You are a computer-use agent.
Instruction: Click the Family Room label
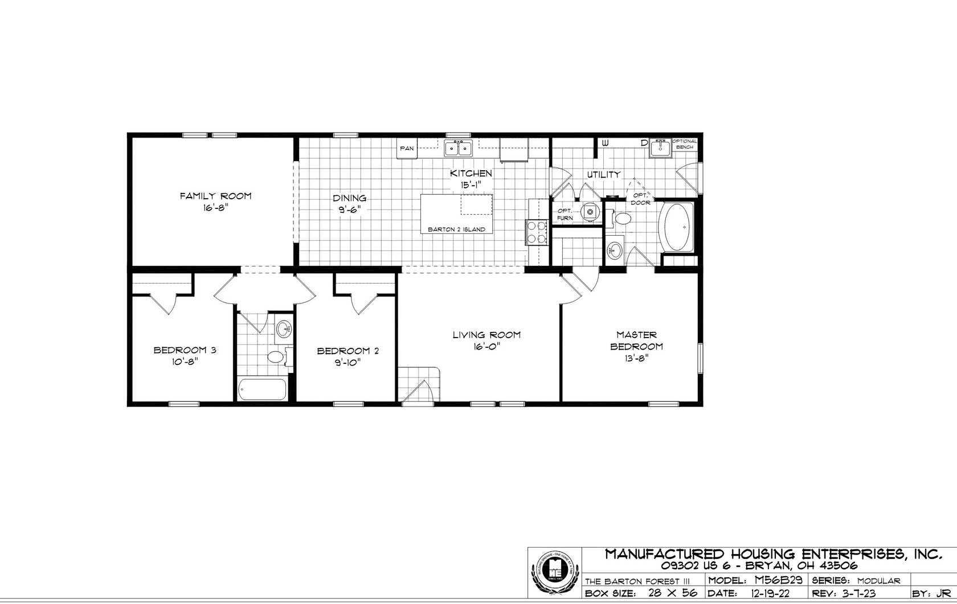pyautogui.click(x=215, y=196)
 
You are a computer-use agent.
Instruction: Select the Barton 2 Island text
pyautogui.click(x=456, y=229)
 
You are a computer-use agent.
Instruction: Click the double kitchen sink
pyautogui.click(x=459, y=149)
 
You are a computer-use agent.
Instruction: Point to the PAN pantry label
pyautogui.click(x=407, y=149)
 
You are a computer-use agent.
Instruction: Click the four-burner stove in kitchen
pyautogui.click(x=536, y=232)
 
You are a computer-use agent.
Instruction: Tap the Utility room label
pyautogui.click(x=603, y=174)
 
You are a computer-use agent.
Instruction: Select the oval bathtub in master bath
pyautogui.click(x=676, y=228)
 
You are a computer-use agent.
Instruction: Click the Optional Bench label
pyautogui.click(x=685, y=144)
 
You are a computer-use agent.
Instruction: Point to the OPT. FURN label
pyautogui.click(x=565, y=214)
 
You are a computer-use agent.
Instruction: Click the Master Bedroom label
pyautogui.click(x=636, y=340)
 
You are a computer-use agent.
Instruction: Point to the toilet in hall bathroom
pyautogui.click(x=277, y=357)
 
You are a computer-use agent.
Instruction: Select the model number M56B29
pyautogui.click(x=778, y=581)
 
